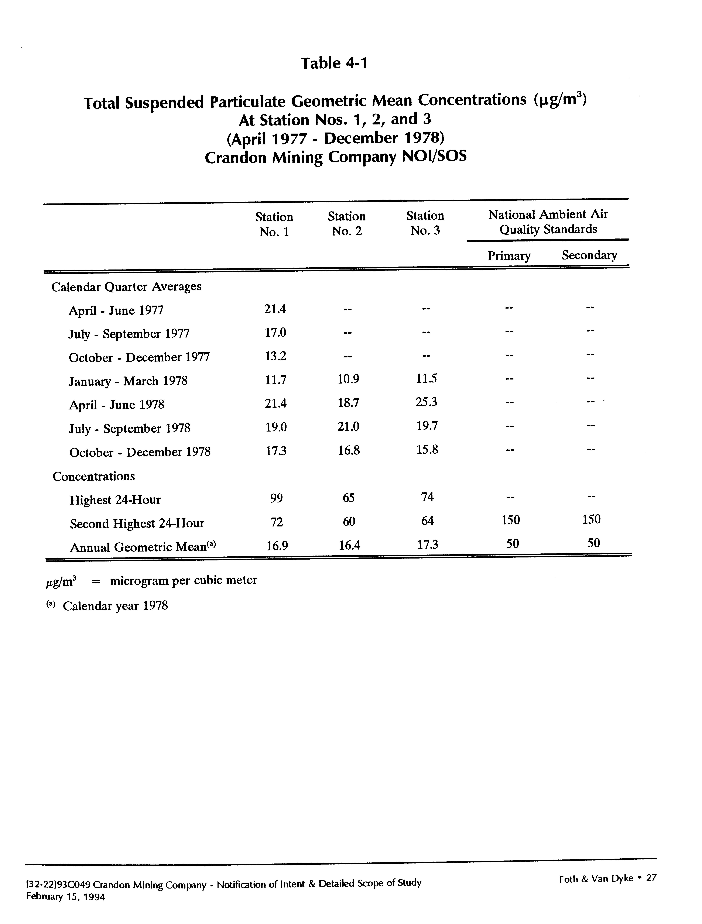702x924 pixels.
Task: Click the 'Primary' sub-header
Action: [509, 256]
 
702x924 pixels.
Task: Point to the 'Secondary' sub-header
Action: [589, 255]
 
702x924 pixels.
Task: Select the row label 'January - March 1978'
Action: [128, 381]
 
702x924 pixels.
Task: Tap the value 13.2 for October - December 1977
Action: [275, 356]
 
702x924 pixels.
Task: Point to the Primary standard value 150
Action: [511, 520]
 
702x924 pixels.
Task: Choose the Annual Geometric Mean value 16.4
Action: [349, 545]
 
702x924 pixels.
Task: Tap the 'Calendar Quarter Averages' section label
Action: [126, 286]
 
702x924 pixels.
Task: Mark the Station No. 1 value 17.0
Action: [275, 333]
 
